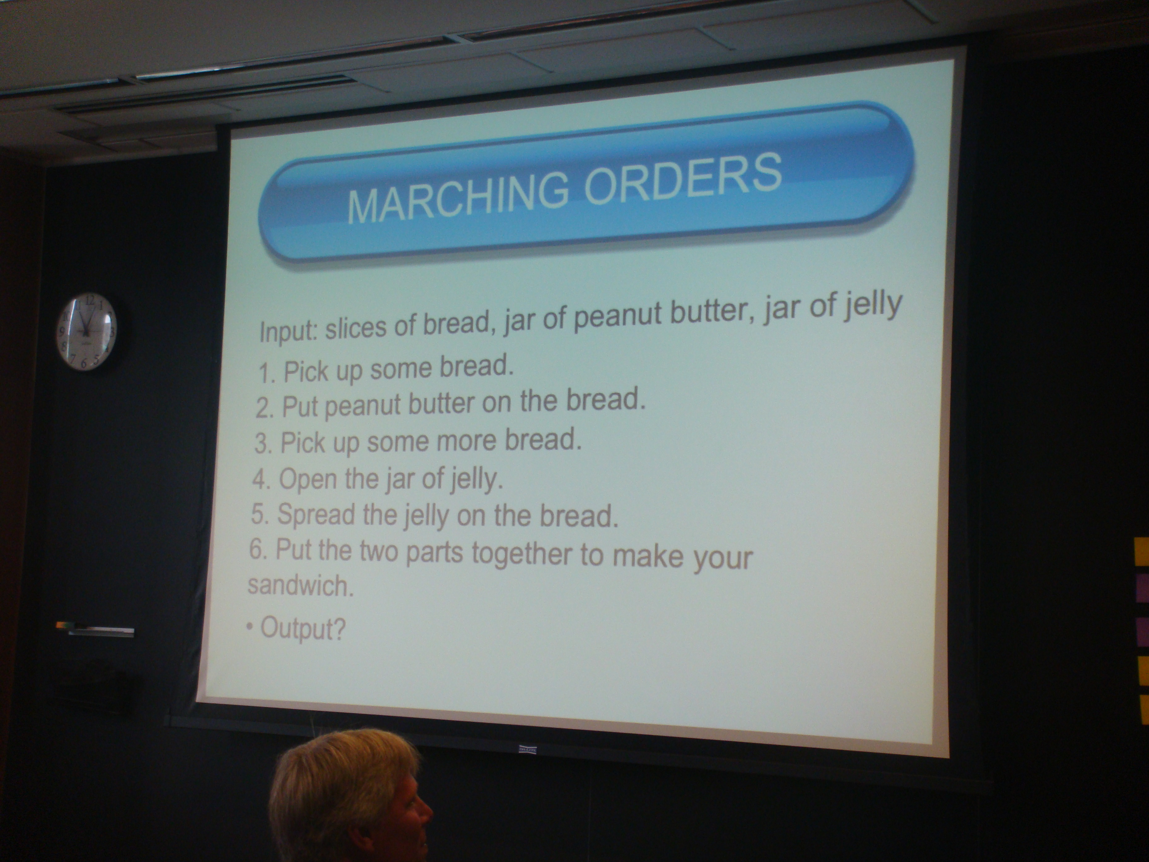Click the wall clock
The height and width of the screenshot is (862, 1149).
87,331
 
